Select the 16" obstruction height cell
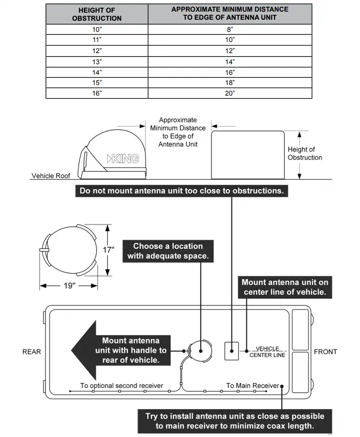coord(97,94)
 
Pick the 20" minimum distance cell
coord(230,94)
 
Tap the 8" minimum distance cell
coord(230,30)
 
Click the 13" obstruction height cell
coord(97,62)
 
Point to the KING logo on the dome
coord(123,159)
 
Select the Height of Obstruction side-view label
coord(304,153)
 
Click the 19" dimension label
coord(69,286)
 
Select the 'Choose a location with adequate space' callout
coord(168,251)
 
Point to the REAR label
coord(31,352)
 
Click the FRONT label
coord(325,352)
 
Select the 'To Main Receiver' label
coord(252,386)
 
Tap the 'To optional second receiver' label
coord(121,386)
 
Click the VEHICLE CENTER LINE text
coord(267,352)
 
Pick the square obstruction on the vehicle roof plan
coord(231,351)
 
